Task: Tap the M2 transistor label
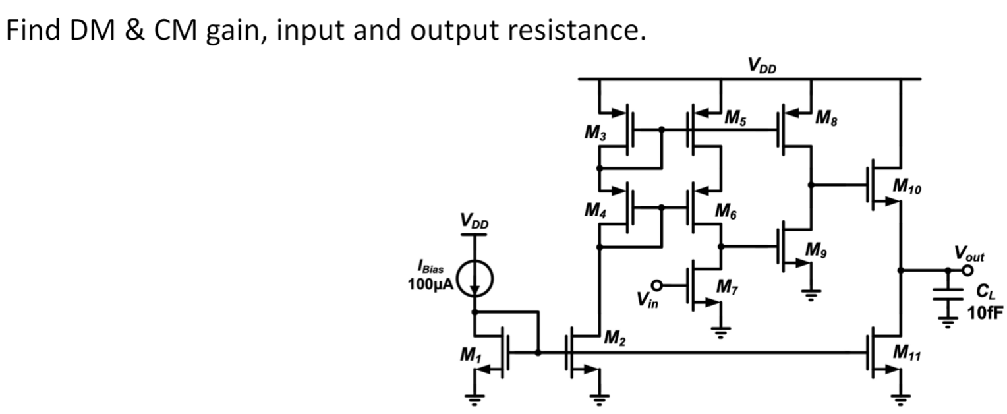tap(615, 340)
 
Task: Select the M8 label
tap(826, 119)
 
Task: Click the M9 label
tap(817, 251)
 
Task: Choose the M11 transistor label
tap(906, 355)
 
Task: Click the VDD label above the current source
tap(475, 222)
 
